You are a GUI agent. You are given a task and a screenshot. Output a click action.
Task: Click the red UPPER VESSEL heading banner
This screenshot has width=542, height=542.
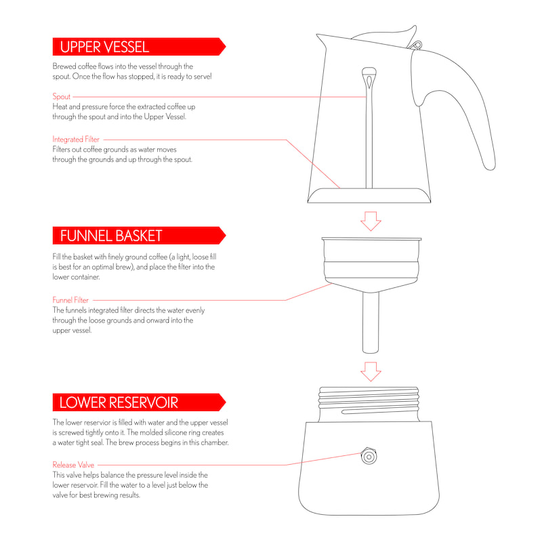click(135, 47)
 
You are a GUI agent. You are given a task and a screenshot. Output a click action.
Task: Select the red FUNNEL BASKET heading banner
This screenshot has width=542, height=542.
click(135, 236)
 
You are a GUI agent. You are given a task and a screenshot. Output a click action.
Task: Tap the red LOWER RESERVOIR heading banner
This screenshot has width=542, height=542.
click(135, 402)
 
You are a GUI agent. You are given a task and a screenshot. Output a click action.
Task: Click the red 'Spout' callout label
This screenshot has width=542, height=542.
click(62, 97)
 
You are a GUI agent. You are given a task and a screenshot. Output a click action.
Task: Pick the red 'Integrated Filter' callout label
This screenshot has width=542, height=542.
click(76, 140)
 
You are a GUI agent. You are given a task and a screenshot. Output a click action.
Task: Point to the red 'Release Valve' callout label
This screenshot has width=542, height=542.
click(73, 465)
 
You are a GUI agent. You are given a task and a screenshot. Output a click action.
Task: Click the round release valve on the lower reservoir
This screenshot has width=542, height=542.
click(369, 456)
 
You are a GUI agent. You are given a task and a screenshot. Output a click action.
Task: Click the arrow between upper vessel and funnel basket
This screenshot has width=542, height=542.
click(370, 220)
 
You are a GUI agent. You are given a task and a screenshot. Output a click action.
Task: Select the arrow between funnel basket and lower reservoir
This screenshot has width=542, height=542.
click(370, 371)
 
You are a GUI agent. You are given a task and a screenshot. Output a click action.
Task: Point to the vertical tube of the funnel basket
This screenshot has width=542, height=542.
click(369, 322)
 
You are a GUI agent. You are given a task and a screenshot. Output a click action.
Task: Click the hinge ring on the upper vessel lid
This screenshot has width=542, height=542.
click(416, 45)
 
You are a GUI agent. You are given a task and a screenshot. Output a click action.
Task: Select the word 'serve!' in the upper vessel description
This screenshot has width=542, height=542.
click(201, 77)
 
